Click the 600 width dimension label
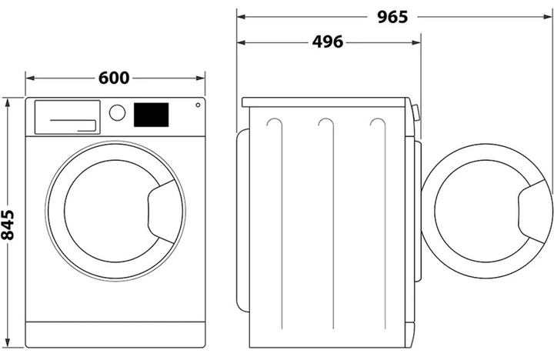pos(114,78)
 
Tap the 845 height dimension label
pos(8,225)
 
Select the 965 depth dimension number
pos(392,17)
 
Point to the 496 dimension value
pos(328,42)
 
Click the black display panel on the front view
pos(152,115)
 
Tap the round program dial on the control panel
pos(117,113)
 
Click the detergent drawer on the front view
pos(67,117)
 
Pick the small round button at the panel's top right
pos(198,105)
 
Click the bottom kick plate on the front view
pos(115,335)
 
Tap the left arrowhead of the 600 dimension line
pos(30,78)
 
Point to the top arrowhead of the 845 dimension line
pos(8,103)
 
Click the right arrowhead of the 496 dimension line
pos(416,43)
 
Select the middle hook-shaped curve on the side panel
pos(329,223)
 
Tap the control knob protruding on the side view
pos(416,113)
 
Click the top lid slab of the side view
pos(324,102)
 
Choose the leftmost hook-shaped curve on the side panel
pos(277,223)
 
